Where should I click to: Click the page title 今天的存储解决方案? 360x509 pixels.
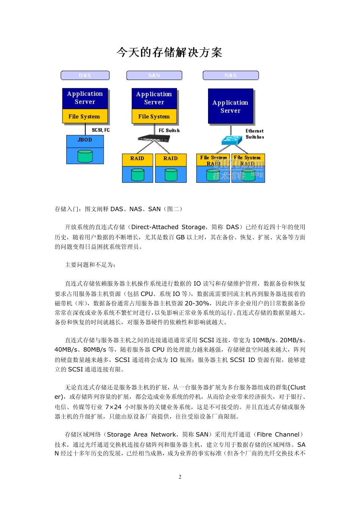(169, 52)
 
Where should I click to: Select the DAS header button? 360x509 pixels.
(85, 75)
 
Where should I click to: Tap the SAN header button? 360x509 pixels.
(154, 75)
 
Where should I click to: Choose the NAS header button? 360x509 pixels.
(230, 75)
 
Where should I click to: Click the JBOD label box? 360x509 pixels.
(85, 140)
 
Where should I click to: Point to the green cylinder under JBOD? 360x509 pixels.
(85, 156)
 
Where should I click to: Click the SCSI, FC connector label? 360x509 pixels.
(100, 130)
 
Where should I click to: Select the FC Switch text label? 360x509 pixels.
(169, 130)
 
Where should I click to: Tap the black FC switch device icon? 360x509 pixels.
(153, 138)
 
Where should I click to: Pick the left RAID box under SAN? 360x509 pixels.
(137, 159)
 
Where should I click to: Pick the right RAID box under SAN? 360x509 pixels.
(171, 159)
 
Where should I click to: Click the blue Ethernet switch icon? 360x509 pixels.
(231, 140)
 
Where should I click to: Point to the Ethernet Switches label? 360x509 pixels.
(255, 134)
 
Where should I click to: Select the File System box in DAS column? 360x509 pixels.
(85, 116)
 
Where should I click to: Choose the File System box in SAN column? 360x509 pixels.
(154, 116)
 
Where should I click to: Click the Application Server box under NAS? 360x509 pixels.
(230, 106)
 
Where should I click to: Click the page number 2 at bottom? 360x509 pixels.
(180, 477)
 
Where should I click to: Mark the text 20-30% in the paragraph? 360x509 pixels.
(197, 303)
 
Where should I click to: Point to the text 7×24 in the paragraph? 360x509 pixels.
(113, 407)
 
